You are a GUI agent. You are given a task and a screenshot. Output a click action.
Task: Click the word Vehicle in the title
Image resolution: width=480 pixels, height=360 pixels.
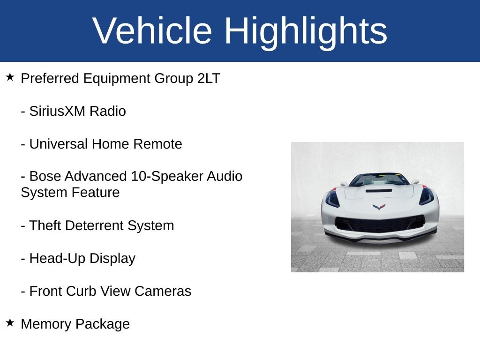click(x=152, y=30)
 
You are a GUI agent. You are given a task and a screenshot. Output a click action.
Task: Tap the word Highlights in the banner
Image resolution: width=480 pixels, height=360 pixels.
click(x=306, y=32)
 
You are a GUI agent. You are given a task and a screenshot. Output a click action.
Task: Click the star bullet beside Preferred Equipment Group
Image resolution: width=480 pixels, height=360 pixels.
click(x=10, y=77)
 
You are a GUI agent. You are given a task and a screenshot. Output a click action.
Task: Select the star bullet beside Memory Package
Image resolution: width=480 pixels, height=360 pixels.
click(x=10, y=322)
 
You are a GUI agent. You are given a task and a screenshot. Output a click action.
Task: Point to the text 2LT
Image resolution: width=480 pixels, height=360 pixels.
click(x=209, y=78)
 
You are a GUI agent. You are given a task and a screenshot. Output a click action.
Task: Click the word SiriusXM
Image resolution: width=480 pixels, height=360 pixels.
click(x=57, y=111)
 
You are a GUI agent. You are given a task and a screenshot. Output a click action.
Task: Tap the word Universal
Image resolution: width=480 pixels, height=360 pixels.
click(x=58, y=144)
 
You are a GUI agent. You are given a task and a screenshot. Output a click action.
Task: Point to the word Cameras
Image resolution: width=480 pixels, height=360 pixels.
click(x=163, y=291)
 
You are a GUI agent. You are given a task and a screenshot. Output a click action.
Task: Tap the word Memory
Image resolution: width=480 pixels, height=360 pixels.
click(x=46, y=324)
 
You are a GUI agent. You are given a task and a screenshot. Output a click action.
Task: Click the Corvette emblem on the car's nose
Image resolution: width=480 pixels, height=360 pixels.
click(x=379, y=207)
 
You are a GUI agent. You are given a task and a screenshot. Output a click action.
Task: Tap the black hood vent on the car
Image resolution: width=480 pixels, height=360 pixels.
click(x=379, y=191)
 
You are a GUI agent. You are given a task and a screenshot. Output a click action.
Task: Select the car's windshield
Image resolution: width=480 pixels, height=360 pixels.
click(x=379, y=180)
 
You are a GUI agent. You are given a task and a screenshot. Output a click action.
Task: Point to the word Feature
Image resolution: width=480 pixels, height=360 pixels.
click(x=95, y=193)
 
